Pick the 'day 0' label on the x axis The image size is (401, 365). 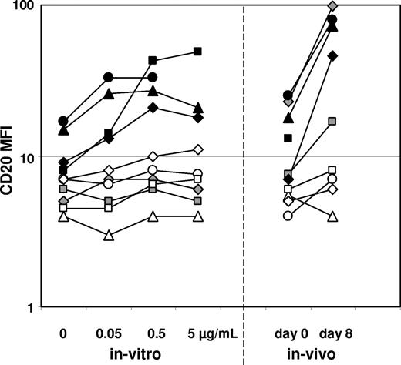[289, 334]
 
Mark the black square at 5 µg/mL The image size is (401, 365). [197, 52]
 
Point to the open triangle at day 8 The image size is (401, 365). [333, 216]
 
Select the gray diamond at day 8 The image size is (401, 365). [333, 6]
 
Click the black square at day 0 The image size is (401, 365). [288, 138]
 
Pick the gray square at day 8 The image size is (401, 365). [333, 122]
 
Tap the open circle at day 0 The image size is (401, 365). [288, 216]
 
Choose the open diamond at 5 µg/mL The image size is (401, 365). [197, 149]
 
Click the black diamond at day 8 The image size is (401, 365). [333, 55]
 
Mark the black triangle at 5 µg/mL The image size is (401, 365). [197, 107]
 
